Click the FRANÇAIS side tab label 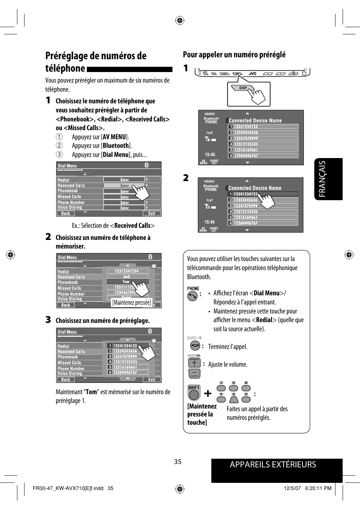coord(322,179)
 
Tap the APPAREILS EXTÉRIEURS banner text coord(273,465)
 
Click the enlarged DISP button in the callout coord(243,88)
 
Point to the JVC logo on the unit coord(252,74)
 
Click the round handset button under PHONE coord(192,296)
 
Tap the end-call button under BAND coord(195,346)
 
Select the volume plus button coord(194,363)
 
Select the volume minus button coord(194,374)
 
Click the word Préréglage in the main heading coord(71,56)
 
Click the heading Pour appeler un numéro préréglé coord(234,55)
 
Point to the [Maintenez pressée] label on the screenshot coord(132,303)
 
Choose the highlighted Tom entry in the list coord(126,282)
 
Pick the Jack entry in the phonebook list coord(126,277)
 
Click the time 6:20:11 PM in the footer coord(318,488)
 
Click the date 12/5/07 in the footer coord(292,488)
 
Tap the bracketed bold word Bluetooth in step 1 coord(116,146)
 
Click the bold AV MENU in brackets coord(114,137)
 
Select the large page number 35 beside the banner coord(178,462)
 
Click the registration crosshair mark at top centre coord(180,20)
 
